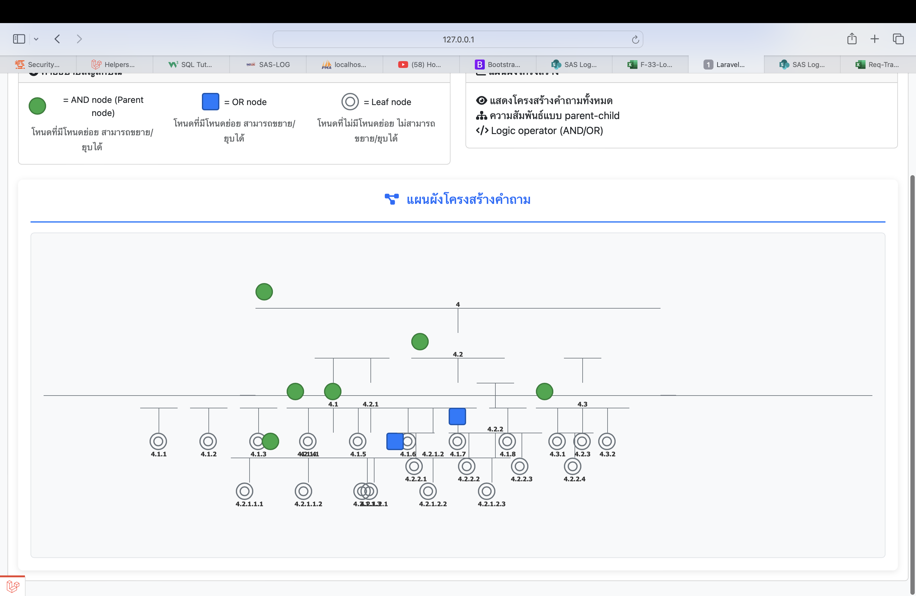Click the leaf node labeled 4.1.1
click(x=158, y=441)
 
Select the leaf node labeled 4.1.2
click(x=208, y=441)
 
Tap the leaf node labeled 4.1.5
click(x=358, y=441)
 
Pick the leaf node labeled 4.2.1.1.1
click(x=244, y=491)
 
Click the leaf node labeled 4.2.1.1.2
click(x=303, y=491)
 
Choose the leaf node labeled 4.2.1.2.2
click(x=428, y=491)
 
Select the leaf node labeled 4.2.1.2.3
click(x=486, y=491)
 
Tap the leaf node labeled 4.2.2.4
click(x=572, y=466)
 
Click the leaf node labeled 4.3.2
click(x=607, y=441)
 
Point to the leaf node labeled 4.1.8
click(x=507, y=441)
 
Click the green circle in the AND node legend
click(x=37, y=106)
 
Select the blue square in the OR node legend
click(x=211, y=102)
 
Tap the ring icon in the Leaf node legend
click(x=350, y=102)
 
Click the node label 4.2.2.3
click(x=522, y=479)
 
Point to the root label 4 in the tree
click(x=458, y=304)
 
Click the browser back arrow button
click(x=57, y=39)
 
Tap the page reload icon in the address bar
click(x=635, y=39)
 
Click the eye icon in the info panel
click(x=481, y=100)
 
